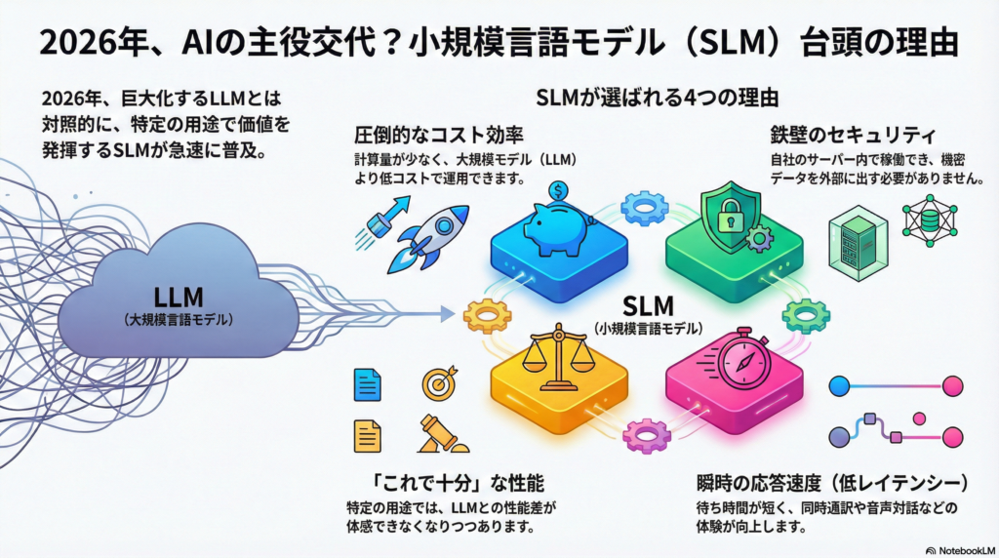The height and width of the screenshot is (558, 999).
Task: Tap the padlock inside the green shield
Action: (731, 216)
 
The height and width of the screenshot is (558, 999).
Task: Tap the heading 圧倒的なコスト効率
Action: (420, 136)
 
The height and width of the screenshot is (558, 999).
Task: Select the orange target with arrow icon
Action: (438, 383)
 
